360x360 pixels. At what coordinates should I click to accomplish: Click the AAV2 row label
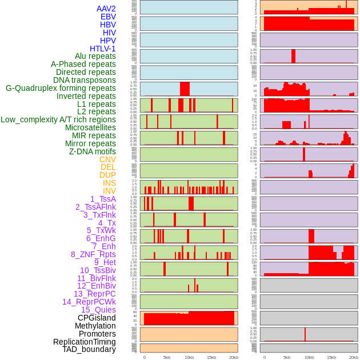[x=106, y=9]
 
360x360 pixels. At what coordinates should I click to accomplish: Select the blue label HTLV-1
[x=103, y=49]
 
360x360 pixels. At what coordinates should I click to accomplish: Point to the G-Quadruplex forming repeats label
[x=61, y=88]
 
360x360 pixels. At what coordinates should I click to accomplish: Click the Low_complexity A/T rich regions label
[x=58, y=119]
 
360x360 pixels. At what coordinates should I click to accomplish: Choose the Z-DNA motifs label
[x=93, y=151]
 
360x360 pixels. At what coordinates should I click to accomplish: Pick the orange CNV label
[x=107, y=159]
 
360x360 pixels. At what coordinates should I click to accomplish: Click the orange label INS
[x=109, y=183]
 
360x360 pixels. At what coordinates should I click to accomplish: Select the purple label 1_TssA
[x=103, y=199]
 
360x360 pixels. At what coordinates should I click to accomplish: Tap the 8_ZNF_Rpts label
[x=93, y=254]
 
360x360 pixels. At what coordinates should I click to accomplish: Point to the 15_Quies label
[x=98, y=310]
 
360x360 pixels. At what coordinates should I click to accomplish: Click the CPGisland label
[x=97, y=318]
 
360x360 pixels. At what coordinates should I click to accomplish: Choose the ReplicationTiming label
[x=85, y=342]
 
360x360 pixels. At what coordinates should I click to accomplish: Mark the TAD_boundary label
[x=89, y=349]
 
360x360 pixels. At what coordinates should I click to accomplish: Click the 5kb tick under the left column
[x=167, y=357]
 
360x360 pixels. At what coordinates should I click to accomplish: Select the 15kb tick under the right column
[x=331, y=357]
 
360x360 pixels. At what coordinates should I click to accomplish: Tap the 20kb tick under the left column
[x=234, y=357]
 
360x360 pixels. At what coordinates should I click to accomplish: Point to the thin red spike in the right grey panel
[x=305, y=334]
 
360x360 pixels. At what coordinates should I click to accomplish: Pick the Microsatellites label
[x=90, y=127]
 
